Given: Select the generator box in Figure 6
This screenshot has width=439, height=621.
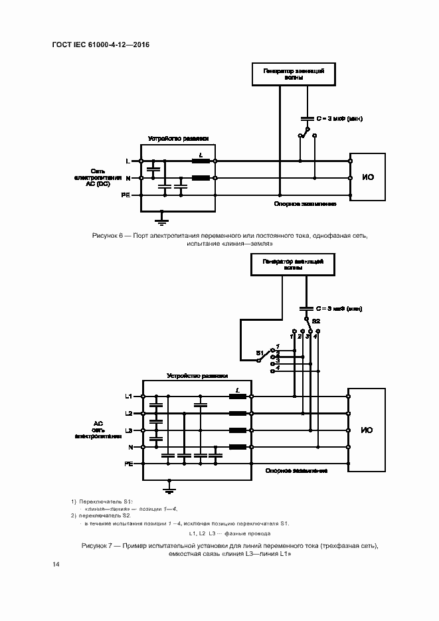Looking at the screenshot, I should point(293,74).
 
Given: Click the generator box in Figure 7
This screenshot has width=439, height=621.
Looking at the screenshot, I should point(293,265).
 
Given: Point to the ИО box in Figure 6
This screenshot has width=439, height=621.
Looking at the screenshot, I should point(367,177).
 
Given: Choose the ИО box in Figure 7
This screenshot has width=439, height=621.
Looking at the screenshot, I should point(367,430).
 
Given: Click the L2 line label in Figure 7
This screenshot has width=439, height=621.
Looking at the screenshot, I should point(129,413).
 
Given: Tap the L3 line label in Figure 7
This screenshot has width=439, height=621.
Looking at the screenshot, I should point(129,430).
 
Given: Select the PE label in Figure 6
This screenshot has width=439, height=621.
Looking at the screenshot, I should point(126,195).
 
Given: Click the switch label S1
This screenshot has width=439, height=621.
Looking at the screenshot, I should point(260,352).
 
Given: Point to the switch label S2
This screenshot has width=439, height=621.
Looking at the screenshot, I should point(316,321).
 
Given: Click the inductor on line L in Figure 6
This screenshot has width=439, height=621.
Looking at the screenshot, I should point(201,161).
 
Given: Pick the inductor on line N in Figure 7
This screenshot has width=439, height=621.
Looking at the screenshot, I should point(238,447).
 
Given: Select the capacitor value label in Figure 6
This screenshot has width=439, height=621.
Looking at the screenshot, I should point(338,118).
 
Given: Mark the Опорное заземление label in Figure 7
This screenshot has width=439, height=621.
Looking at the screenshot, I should point(296,470).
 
